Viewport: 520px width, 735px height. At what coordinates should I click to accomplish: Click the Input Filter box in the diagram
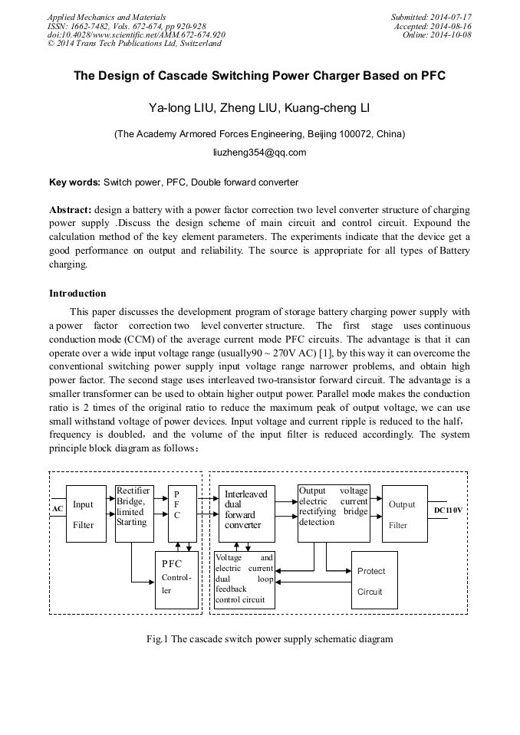[x=86, y=514]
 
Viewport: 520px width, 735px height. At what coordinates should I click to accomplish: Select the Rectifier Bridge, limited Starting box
[x=133, y=513]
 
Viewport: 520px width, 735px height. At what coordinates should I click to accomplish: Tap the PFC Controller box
[x=176, y=579]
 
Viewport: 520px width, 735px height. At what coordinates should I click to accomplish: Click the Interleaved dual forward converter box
[x=246, y=513]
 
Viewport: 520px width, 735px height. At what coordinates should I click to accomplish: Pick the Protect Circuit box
[x=374, y=580]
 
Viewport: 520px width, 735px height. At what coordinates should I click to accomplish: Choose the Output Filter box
[x=404, y=514]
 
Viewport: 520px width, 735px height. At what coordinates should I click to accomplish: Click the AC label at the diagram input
[x=58, y=509]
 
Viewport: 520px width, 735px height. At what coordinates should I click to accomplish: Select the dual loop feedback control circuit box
[x=244, y=579]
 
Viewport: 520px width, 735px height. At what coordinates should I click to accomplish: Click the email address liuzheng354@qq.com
[x=259, y=153]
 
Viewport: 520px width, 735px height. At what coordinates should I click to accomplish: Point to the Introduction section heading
[x=77, y=294]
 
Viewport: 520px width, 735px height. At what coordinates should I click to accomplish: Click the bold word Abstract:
[x=71, y=209]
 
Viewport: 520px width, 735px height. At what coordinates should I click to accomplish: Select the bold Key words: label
[x=74, y=182]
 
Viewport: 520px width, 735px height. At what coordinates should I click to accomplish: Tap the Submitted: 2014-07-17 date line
[x=431, y=16]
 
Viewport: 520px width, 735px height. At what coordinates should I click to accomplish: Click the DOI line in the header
[x=137, y=34]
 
